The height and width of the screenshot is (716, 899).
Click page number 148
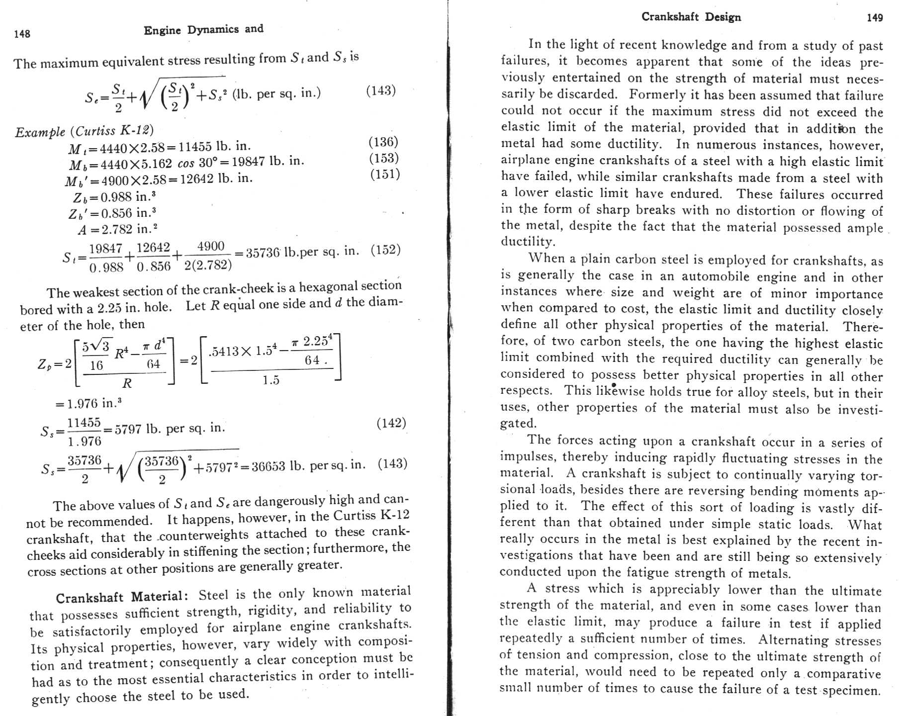(x=22, y=34)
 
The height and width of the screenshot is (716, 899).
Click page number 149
(x=875, y=18)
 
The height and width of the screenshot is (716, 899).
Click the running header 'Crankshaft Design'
(x=691, y=17)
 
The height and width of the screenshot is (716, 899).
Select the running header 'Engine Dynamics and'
(x=203, y=30)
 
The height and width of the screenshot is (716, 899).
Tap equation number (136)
(x=383, y=142)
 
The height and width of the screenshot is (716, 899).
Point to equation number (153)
(x=384, y=158)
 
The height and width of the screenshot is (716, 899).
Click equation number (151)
(x=385, y=174)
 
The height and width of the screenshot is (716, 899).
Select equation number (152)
(x=385, y=250)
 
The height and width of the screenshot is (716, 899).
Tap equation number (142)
(x=391, y=423)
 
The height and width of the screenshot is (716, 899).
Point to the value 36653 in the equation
(x=269, y=466)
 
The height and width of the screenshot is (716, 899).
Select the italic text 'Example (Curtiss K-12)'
(x=85, y=131)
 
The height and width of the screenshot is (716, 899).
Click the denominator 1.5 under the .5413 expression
(x=271, y=380)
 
